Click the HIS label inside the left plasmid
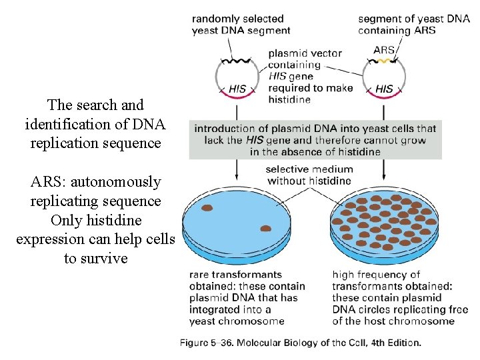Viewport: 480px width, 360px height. pyautogui.click(x=237, y=88)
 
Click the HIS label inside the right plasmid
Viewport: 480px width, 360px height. pyautogui.click(x=384, y=88)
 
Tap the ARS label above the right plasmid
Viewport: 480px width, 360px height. pyautogui.click(x=384, y=50)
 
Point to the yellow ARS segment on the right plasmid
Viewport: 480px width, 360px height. pyautogui.click(x=383, y=61)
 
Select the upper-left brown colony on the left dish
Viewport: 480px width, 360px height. pyautogui.click(x=207, y=208)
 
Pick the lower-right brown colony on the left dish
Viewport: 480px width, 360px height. pyautogui.click(x=265, y=228)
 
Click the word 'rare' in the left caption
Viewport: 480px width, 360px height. pyautogui.click(x=200, y=274)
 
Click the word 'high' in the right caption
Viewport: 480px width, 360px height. pyautogui.click(x=343, y=274)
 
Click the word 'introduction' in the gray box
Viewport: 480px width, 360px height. pyautogui.click(x=225, y=128)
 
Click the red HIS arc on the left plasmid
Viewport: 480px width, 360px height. pyautogui.click(x=237, y=97)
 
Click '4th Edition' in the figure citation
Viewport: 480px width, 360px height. pyautogui.click(x=393, y=343)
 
